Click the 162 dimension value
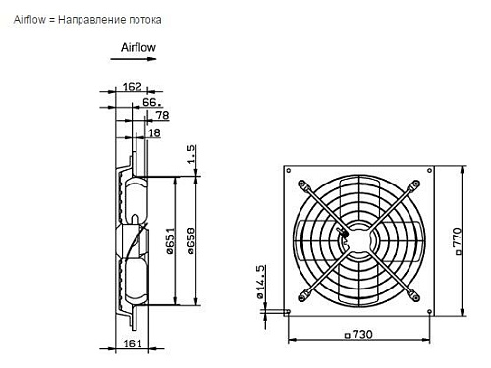coord(134,88)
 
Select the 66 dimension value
coord(150,101)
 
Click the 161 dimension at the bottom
coord(135,344)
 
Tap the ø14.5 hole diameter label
coord(259,281)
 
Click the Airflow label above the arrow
coord(136,46)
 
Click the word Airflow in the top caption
coord(30,19)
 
